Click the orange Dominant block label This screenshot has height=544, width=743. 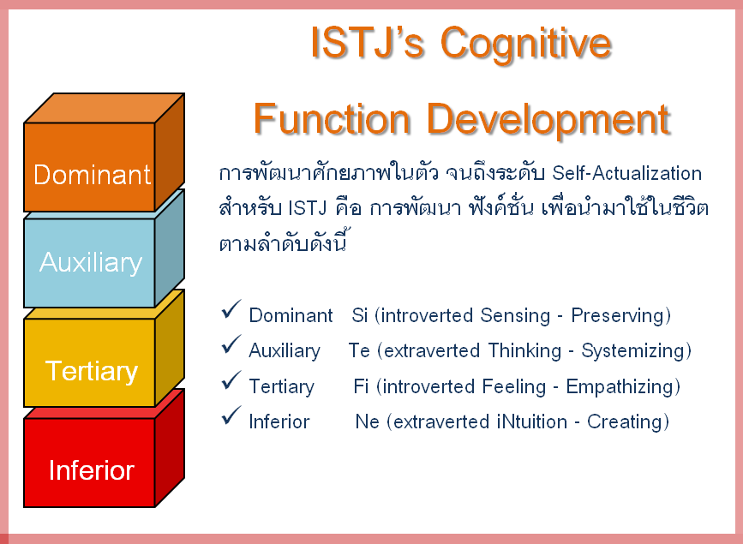pyautogui.click(x=92, y=175)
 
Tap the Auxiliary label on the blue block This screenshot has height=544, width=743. pyautogui.click(x=91, y=262)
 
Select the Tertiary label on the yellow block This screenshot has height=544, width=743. pyautogui.click(x=92, y=371)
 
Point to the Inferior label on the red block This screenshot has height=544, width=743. pyautogui.click(x=92, y=470)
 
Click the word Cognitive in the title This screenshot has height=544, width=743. pyautogui.click(x=526, y=44)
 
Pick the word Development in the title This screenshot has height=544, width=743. pyautogui.click(x=548, y=119)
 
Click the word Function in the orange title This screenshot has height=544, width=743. pyautogui.click(x=332, y=119)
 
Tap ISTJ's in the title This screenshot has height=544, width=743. pyautogui.click(x=368, y=42)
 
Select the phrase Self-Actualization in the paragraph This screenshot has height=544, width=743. pyautogui.click(x=627, y=173)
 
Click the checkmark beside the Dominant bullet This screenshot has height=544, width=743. pyautogui.click(x=231, y=310)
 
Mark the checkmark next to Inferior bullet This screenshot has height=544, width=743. pyautogui.click(x=231, y=416)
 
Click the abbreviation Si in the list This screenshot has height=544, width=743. pyautogui.click(x=360, y=315)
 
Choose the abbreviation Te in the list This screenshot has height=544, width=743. pyautogui.click(x=359, y=350)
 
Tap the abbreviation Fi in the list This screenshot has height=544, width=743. pyautogui.click(x=361, y=386)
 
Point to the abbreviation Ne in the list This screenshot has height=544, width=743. pyautogui.click(x=368, y=421)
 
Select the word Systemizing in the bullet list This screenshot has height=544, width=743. pyautogui.click(x=633, y=351)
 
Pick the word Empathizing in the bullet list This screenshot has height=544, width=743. pyautogui.click(x=620, y=386)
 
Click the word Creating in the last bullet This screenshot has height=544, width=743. pyautogui.click(x=625, y=421)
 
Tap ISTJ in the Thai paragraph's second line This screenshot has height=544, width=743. pyautogui.click(x=308, y=208)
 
